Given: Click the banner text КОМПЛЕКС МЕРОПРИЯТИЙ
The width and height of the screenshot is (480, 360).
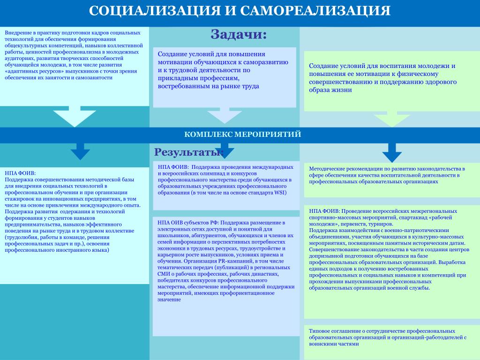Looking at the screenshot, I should (242, 135).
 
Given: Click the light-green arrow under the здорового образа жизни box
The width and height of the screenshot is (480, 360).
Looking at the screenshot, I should (392, 119).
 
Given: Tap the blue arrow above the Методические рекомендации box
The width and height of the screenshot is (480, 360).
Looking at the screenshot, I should (392, 153).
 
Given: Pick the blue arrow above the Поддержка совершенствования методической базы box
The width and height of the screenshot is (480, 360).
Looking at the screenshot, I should (80, 151).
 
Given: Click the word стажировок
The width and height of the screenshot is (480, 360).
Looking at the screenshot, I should (19, 199).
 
